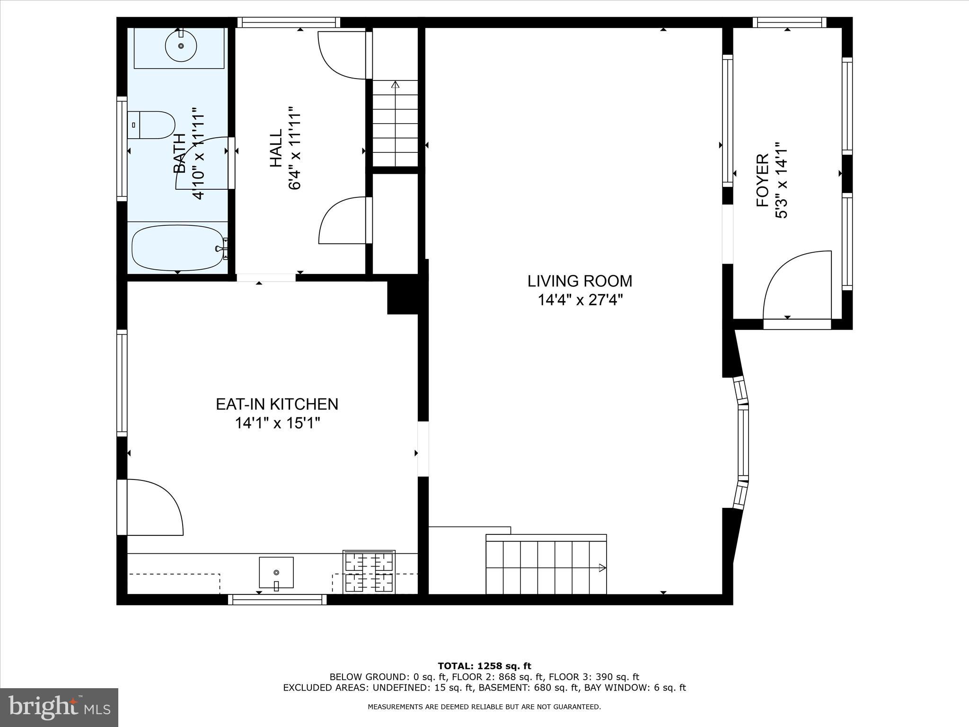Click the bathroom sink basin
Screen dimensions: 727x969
point(181,46)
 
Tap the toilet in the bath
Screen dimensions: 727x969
point(151,125)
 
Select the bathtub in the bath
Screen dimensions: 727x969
point(177,248)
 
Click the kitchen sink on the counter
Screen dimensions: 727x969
point(276,572)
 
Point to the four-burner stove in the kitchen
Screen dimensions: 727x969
point(369,572)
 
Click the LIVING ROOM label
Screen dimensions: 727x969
point(580,281)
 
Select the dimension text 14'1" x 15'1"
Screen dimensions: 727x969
point(278,423)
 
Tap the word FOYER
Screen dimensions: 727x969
point(762,180)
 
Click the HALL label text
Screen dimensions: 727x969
point(276,148)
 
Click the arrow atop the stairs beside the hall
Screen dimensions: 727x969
point(396,85)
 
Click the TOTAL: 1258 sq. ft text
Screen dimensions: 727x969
point(484,666)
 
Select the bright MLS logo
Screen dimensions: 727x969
point(59,708)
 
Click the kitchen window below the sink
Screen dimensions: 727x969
point(277,600)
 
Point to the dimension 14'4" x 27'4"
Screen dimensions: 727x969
point(580,300)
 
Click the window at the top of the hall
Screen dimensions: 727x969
point(289,22)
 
